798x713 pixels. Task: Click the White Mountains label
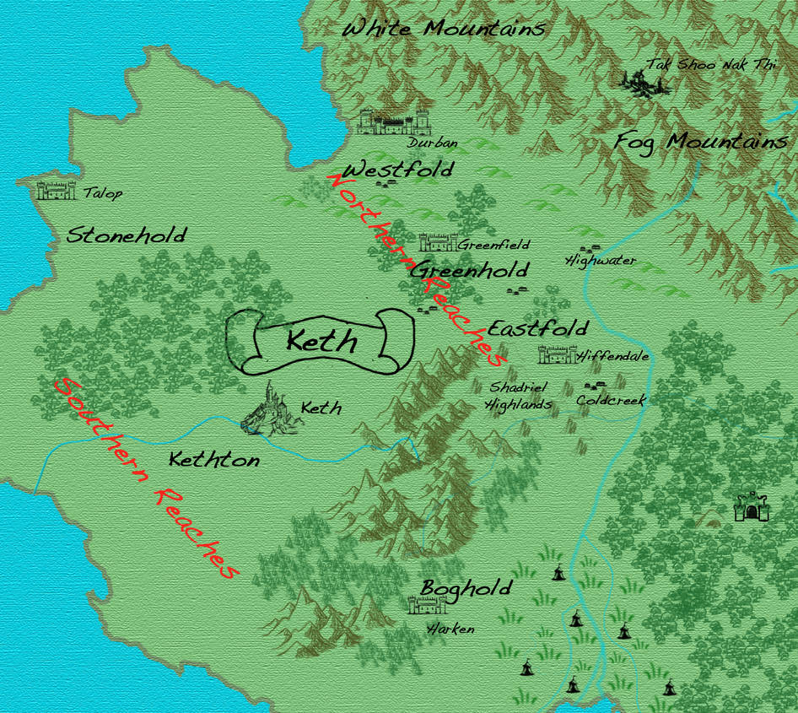[x=444, y=29]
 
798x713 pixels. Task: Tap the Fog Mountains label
[x=701, y=142]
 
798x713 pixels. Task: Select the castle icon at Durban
[x=391, y=123]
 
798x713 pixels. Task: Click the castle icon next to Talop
[x=57, y=191]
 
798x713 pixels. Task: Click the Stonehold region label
[x=127, y=235]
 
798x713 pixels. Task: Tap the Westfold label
[x=398, y=169]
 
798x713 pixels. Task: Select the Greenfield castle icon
[x=438, y=243]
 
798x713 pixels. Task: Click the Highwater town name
[x=601, y=261]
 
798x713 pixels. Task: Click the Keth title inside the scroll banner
[x=321, y=343]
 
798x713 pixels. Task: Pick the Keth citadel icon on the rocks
[x=271, y=411]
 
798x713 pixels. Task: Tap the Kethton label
[x=214, y=461]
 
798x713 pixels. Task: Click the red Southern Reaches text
[x=143, y=478]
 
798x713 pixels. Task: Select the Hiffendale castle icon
[x=556, y=355]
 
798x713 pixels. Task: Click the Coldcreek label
[x=611, y=402]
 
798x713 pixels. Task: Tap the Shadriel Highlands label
[x=519, y=396]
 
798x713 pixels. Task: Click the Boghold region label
[x=466, y=588]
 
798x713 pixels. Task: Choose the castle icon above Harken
[x=427, y=605]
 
